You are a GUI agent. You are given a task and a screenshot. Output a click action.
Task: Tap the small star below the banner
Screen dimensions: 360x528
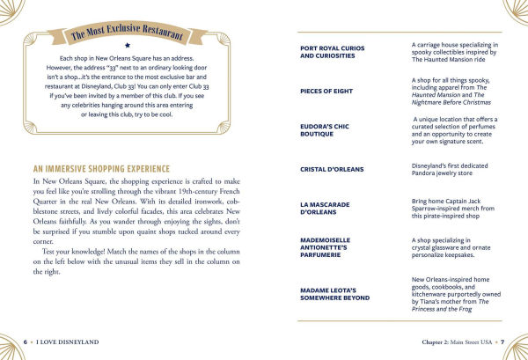pyautogui.click(x=128, y=42)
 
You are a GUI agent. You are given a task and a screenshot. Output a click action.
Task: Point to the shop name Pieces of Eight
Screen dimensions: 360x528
pyautogui.click(x=327, y=91)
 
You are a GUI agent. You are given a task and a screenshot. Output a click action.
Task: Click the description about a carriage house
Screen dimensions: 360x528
pyautogui.click(x=455, y=52)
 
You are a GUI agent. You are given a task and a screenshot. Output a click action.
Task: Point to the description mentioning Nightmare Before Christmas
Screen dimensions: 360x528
pyautogui.click(x=455, y=91)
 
